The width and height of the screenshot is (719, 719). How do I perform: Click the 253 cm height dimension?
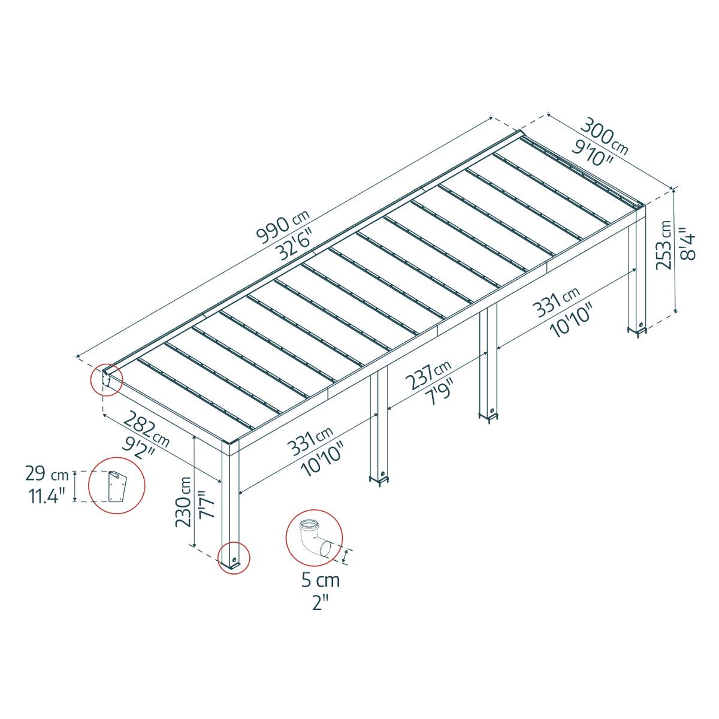pyautogui.click(x=664, y=254)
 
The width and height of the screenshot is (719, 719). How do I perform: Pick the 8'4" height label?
pyautogui.click(x=688, y=246)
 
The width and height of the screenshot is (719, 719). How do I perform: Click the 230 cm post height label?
pyautogui.click(x=183, y=502)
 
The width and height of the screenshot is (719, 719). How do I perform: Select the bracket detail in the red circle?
pyautogui.click(x=117, y=486)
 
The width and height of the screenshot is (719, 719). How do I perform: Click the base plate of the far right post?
pyautogui.click(x=636, y=329)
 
